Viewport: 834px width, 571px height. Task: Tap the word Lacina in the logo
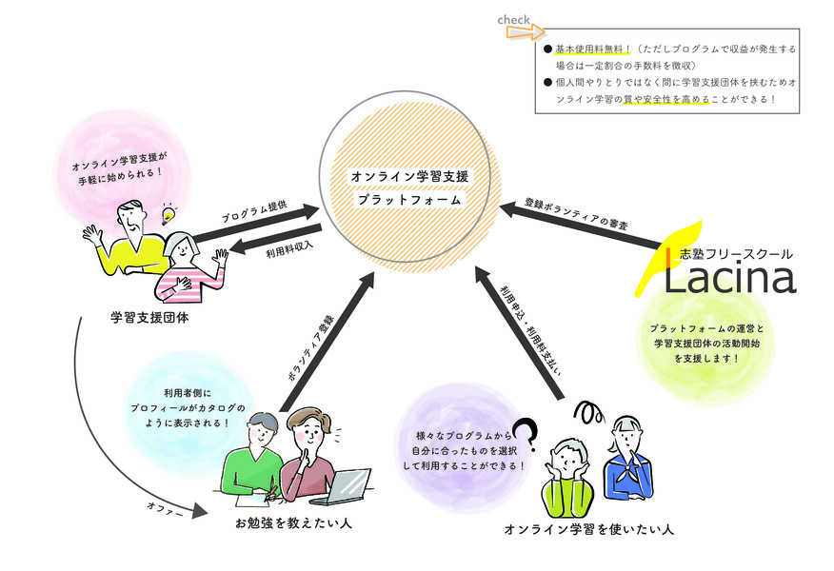tap(728, 277)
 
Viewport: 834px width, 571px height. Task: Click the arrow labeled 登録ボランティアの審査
tap(581, 225)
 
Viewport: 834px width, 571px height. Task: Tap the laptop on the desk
tap(348, 485)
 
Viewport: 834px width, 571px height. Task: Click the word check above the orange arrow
tap(514, 19)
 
